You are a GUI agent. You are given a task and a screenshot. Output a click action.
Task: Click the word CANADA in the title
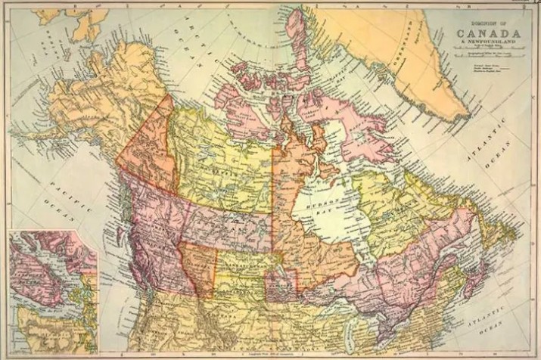click(487, 35)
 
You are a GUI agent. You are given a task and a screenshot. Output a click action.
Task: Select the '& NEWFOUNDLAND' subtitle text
click(487, 44)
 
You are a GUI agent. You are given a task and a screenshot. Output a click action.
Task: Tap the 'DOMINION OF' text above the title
click(487, 25)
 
